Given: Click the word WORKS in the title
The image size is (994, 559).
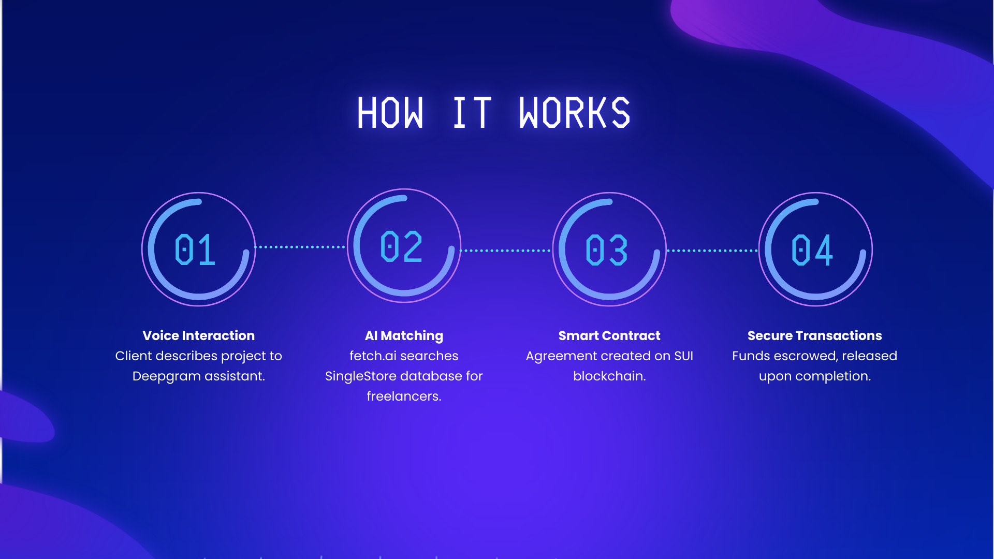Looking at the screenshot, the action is pos(575,113).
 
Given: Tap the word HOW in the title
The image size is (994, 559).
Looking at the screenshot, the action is pos(390,113).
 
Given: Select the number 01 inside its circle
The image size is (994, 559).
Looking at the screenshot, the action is pos(195,249).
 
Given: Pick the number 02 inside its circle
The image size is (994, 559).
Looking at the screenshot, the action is pos(401,246).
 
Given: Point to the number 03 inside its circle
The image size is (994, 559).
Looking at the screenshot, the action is pos(607,250).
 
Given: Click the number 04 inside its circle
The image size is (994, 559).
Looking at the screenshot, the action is pos(812,250).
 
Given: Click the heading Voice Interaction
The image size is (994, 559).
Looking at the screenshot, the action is pos(199,335).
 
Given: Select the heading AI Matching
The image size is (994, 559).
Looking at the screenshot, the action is pos(404,336).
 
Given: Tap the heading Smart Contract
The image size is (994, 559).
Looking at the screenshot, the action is pos(609,335).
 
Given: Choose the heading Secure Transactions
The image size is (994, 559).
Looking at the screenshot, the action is pos(815,335).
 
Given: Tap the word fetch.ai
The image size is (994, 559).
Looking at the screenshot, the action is pos(373,356).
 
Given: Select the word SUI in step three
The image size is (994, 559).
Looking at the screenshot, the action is pos(683,356).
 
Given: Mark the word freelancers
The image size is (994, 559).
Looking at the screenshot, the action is pos(404,396).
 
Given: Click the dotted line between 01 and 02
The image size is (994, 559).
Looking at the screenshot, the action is pos(301,247).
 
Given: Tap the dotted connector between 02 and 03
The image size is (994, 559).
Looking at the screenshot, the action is pos(506,251).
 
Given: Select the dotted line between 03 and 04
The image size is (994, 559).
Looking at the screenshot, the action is pos(712,251).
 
